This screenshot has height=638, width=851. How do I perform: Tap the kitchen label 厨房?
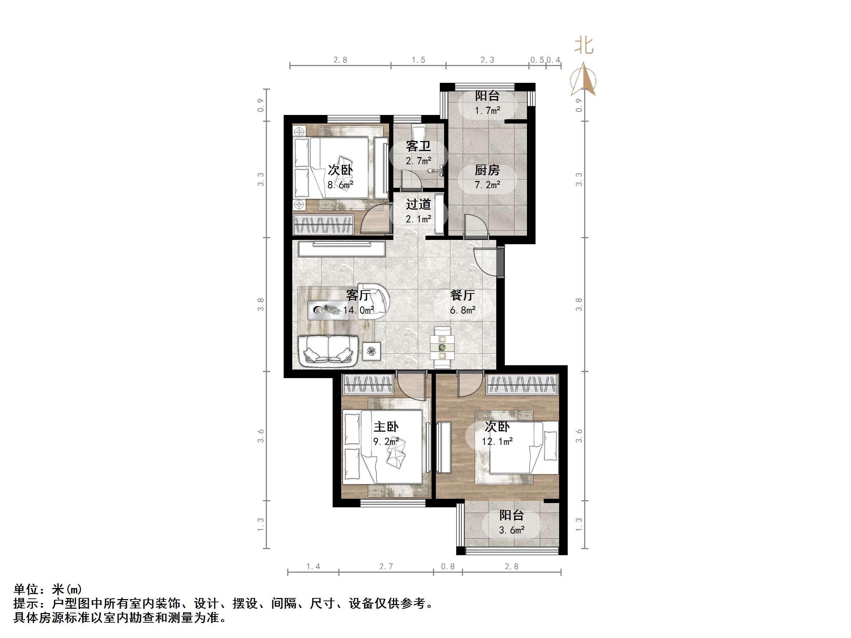pos(487,170)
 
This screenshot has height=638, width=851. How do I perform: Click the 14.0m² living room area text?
pos(359,310)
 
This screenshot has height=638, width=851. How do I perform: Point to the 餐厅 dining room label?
pos(462,295)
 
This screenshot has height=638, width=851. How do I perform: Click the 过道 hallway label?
pos(418,204)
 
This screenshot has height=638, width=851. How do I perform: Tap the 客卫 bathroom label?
pos(418,146)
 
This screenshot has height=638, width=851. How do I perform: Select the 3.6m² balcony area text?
pos(511,530)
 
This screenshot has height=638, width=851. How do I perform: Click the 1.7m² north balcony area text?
pos(487,111)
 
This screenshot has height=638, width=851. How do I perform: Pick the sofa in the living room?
pos(328,349)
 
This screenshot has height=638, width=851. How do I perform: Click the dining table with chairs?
pos(442,348)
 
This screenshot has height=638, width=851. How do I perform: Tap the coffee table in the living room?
pos(325,310)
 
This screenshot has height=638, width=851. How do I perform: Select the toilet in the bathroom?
pos(417,130)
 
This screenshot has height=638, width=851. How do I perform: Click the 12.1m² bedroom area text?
pos(497,442)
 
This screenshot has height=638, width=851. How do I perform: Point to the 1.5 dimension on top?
pos(418,60)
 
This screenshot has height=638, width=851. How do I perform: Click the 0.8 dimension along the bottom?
pos(447,567)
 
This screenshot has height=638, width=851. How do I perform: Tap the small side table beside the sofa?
pos(371,351)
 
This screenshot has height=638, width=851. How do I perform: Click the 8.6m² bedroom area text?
pos(340,185)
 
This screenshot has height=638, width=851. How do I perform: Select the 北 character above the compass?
pos(584,46)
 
